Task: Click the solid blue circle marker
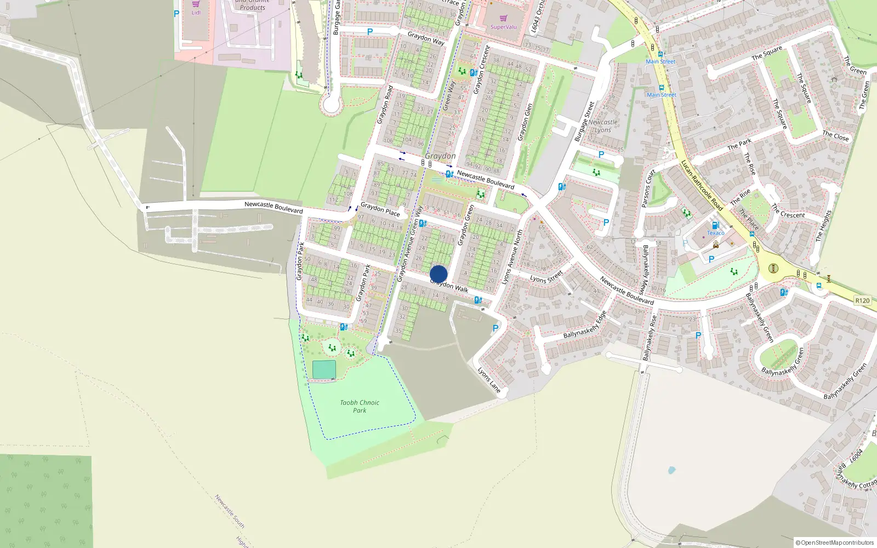pyautogui.click(x=438, y=274)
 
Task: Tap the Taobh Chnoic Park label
pyautogui.click(x=360, y=406)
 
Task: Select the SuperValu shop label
pyautogui.click(x=503, y=27)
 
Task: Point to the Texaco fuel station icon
pyautogui.click(x=715, y=225)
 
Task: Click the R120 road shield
pyautogui.click(x=862, y=300)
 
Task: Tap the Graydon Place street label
pyautogui.click(x=380, y=209)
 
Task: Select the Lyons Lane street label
pyautogui.click(x=489, y=380)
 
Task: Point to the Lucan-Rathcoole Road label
pyautogui.click(x=702, y=185)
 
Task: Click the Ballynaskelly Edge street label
pyautogui.click(x=585, y=325)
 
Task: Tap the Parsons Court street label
pyautogui.click(x=648, y=189)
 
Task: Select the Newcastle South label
pyautogui.click(x=229, y=511)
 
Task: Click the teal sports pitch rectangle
pyautogui.click(x=324, y=369)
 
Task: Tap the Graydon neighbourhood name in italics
pyautogui.click(x=440, y=156)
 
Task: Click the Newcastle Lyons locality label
pyautogui.click(x=603, y=126)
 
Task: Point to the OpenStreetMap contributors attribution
pyautogui.click(x=835, y=543)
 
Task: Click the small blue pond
pyautogui.click(x=671, y=470)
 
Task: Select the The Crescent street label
pyautogui.click(x=788, y=211)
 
